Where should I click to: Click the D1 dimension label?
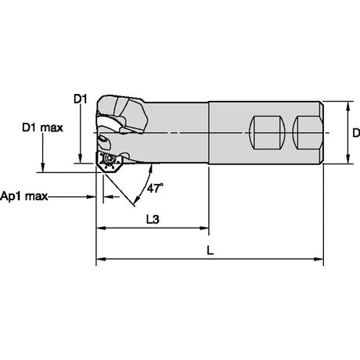coord(81,99)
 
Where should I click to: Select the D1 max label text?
coord(42,128)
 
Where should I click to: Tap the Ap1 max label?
coord(24,196)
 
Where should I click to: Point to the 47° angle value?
coord(155,188)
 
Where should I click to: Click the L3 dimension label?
coord(153,219)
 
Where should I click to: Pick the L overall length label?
coord(211,250)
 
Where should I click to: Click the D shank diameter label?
coord(356,133)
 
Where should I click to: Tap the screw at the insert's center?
coord(108,158)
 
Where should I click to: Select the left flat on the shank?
coord(267,133)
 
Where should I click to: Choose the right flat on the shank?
coord(308,133)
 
